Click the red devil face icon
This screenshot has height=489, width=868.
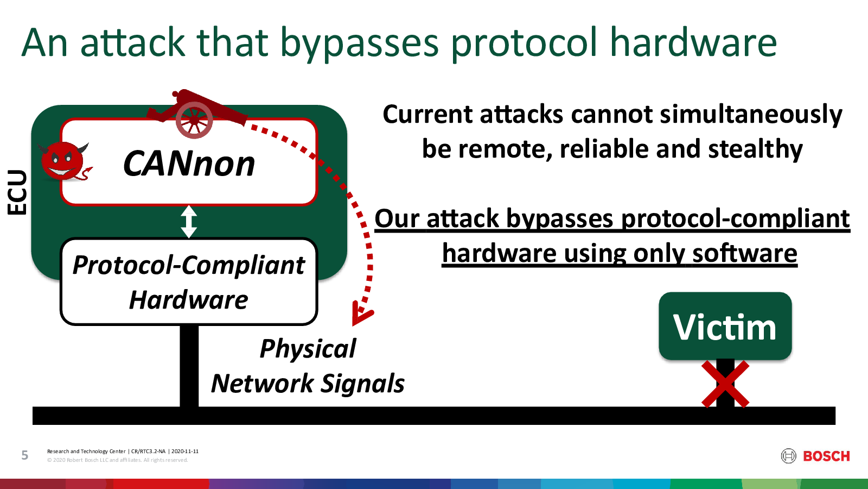(x=65, y=161)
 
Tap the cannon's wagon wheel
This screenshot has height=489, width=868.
(x=194, y=120)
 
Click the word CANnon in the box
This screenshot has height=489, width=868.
(x=189, y=164)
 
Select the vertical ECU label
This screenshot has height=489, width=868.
(x=17, y=192)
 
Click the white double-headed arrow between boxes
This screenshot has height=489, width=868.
(x=189, y=221)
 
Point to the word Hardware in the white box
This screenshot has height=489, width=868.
(x=189, y=300)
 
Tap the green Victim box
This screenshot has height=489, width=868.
(x=725, y=326)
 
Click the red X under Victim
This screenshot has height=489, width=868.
(x=725, y=384)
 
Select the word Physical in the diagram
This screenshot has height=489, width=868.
(x=308, y=349)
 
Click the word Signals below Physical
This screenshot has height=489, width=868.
(x=363, y=384)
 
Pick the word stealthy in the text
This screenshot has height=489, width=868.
(x=755, y=149)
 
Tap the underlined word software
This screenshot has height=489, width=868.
(x=745, y=253)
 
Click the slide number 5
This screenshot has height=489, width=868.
(x=25, y=455)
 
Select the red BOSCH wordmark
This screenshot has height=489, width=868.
(x=827, y=456)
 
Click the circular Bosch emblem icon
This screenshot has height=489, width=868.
(x=789, y=456)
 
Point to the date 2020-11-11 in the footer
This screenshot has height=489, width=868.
(x=185, y=452)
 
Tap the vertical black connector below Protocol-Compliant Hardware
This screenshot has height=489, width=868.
(x=189, y=366)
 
